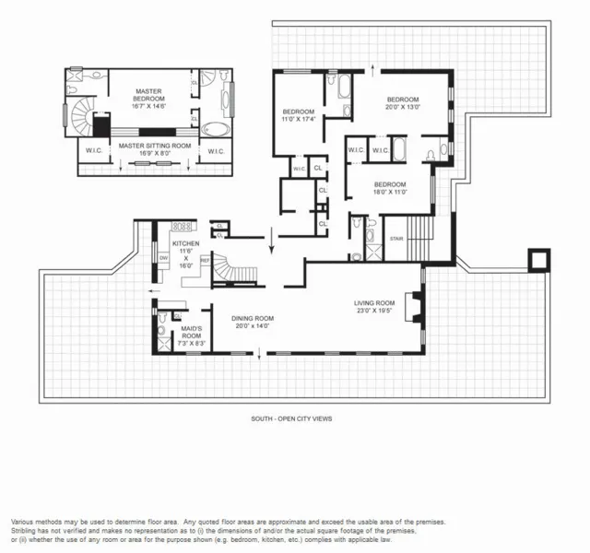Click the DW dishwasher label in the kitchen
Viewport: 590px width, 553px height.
pos(163,259)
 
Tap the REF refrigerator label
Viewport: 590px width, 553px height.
pos(204,261)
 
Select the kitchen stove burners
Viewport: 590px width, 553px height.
pos(183,226)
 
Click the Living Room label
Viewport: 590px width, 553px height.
pos(374,303)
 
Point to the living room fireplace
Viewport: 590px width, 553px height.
pos(416,305)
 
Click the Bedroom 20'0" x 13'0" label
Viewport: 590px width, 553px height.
pos(403,103)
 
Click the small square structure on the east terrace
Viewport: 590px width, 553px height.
pos(536,260)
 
